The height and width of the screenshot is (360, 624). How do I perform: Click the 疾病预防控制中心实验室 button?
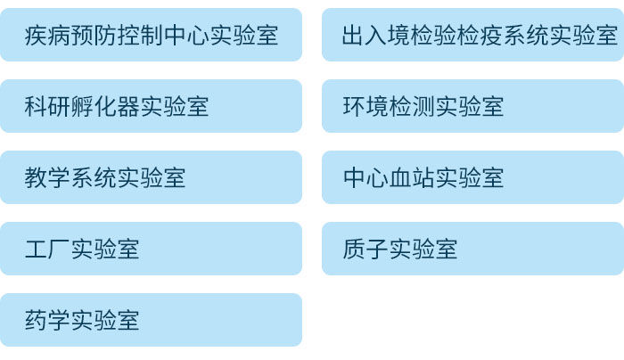151,36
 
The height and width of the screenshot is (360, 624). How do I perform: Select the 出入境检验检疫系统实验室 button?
472,36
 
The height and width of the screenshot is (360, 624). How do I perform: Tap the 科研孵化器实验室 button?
151,107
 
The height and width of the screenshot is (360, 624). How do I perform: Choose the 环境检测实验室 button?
472,107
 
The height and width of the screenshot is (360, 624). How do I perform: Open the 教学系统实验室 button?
151,178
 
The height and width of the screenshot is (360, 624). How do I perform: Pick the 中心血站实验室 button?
472,178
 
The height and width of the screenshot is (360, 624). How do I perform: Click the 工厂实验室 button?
151,250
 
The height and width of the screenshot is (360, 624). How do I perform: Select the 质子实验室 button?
472,250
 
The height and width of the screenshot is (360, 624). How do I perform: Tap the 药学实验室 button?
151,321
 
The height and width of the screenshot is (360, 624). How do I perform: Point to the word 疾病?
48,36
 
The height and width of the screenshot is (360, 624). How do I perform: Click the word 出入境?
376,36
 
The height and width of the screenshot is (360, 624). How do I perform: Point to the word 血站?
412,178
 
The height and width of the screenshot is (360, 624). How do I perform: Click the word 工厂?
48,250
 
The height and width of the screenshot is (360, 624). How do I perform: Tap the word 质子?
365,250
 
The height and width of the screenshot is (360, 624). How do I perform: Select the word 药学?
48,321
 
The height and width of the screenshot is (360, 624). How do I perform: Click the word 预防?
94,36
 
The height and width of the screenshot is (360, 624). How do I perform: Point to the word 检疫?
481,36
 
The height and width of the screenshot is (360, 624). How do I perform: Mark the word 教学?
48,178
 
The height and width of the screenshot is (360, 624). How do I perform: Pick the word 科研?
48,107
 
